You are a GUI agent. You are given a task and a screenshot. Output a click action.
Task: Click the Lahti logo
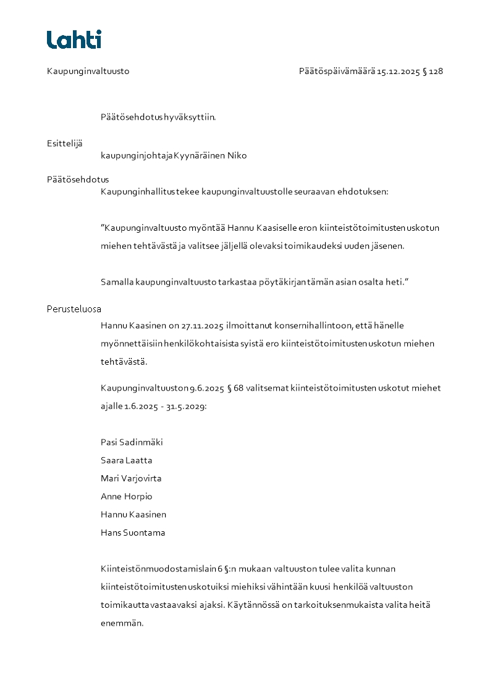[74, 39]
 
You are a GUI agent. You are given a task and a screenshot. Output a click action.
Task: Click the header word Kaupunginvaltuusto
[88, 71]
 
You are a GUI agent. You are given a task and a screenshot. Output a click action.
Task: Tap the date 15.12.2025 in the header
[399, 71]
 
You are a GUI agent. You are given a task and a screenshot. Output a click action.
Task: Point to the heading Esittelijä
[64, 143]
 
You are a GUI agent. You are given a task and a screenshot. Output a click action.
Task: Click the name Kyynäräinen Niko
[210, 156]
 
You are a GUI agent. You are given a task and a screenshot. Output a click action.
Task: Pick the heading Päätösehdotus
[78, 180]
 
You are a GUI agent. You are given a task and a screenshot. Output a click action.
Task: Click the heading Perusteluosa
[74, 309]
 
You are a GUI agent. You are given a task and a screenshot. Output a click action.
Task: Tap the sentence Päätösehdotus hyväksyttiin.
[158, 117]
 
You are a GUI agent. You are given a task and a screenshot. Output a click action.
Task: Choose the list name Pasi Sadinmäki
[132, 442]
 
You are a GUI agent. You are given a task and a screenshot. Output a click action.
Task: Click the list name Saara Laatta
[126, 460]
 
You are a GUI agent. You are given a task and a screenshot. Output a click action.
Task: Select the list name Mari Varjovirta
[131, 478]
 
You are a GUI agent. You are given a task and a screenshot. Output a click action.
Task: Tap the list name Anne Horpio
[126, 496]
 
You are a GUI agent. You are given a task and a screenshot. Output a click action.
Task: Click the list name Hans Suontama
[133, 533]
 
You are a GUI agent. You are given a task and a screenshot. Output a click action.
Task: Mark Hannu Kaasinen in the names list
[133, 515]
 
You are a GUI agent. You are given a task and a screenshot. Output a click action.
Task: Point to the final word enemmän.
[122, 623]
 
